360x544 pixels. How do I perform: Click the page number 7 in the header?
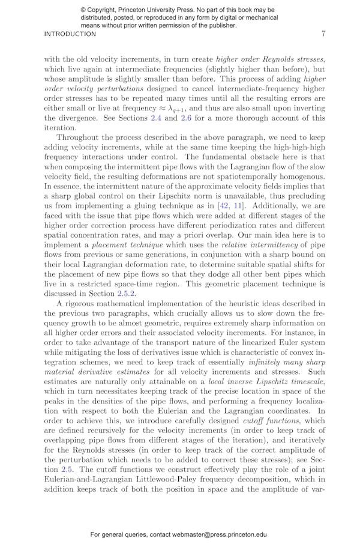coord(323,34)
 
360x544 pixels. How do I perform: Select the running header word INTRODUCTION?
coord(70,34)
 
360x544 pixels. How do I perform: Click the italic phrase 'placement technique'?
coord(124,245)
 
